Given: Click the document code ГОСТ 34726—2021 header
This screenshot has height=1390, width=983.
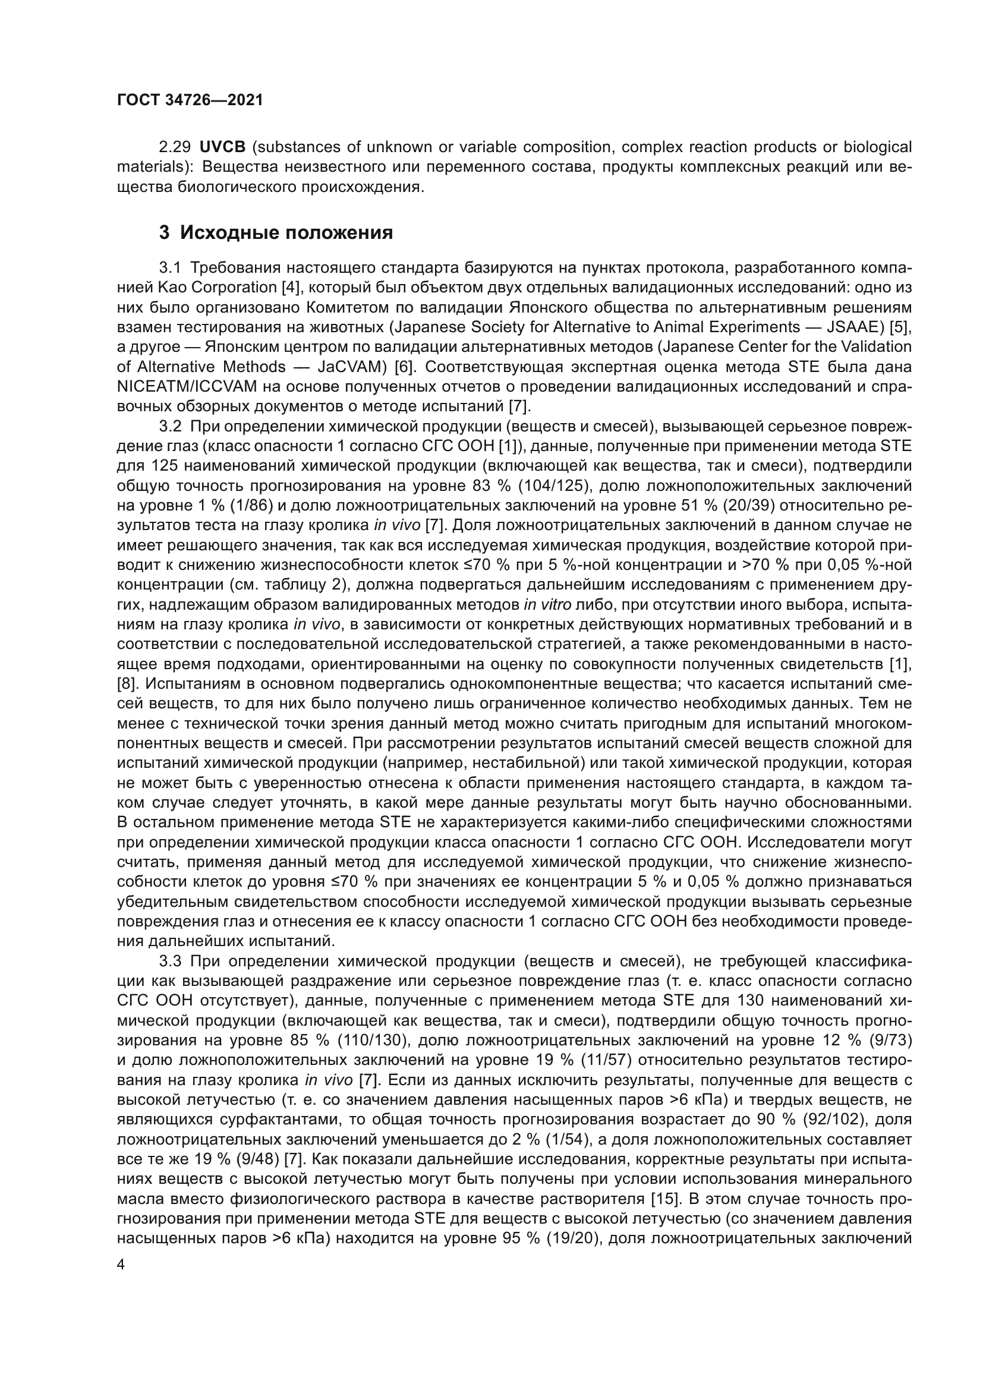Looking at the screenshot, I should pyautogui.click(x=190, y=100).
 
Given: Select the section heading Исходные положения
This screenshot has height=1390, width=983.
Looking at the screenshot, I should pyautogui.click(x=286, y=232).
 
